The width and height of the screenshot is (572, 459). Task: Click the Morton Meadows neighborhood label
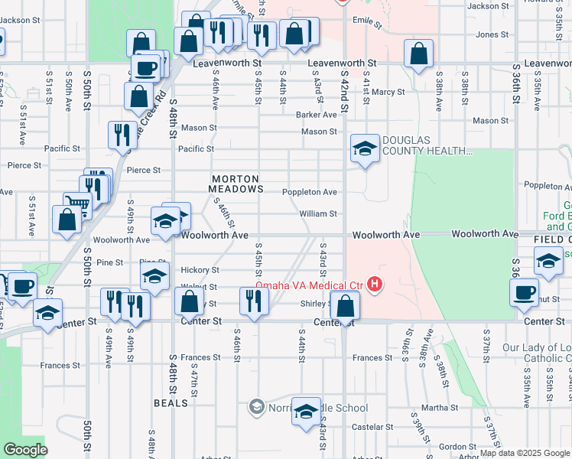pyautogui.click(x=237, y=183)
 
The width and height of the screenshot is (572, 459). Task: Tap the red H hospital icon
pyautogui.click(x=375, y=285)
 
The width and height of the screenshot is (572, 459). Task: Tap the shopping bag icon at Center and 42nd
pyautogui.click(x=346, y=306)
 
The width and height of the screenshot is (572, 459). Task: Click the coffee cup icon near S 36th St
pyautogui.click(x=525, y=292)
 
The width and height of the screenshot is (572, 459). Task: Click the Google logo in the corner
pyautogui.click(x=25, y=450)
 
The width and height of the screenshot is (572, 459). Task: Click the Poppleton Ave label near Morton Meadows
pyautogui.click(x=310, y=192)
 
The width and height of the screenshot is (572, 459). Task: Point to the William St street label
pyautogui.click(x=318, y=214)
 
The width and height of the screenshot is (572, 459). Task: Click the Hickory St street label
pyautogui.click(x=200, y=270)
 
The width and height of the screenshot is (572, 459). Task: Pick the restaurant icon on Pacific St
pyautogui.click(x=122, y=135)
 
